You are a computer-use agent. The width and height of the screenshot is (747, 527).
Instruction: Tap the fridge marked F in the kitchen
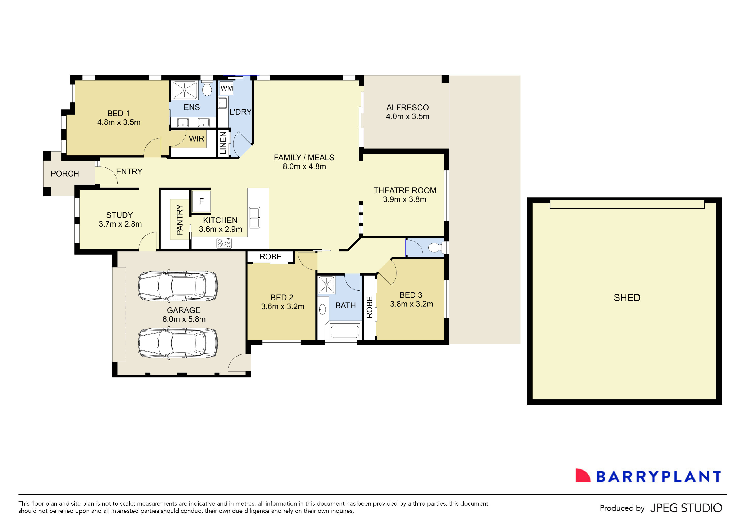201,201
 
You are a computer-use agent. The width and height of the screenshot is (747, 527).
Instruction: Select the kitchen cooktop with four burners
224,243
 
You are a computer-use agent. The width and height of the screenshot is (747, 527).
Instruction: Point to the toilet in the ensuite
207,89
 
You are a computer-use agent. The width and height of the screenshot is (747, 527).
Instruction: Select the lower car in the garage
178,343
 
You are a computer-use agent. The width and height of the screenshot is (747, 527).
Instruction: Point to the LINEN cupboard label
223,143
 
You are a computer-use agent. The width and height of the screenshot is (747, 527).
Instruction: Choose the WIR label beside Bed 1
196,139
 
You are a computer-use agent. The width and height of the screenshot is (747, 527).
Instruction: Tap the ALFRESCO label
407,108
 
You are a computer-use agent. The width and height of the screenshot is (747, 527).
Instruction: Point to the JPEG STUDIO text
686,508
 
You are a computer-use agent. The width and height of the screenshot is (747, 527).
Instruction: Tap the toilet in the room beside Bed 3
434,248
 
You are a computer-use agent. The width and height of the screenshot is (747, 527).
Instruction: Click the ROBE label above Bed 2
270,257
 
